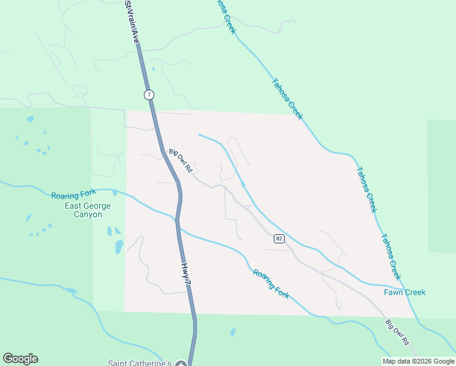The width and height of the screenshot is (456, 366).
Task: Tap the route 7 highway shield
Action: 149,95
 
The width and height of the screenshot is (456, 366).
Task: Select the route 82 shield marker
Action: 279,239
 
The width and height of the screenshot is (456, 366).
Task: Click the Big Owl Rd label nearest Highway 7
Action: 180,160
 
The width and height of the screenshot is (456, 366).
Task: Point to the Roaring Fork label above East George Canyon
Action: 74,195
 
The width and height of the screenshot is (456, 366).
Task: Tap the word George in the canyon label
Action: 98,206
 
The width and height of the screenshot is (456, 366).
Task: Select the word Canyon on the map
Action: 88,215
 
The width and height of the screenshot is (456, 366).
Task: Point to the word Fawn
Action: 394,292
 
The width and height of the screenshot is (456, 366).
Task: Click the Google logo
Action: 20,359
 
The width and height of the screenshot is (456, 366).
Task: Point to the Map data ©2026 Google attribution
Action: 418,361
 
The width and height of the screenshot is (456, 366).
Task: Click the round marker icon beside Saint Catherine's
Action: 180,364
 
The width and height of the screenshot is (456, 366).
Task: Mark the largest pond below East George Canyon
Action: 119,247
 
